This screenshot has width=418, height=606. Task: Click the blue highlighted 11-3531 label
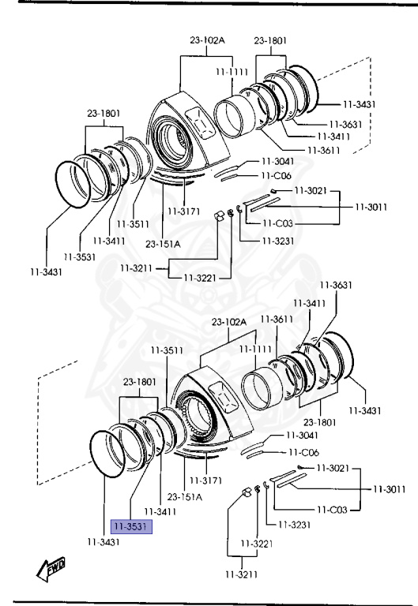(x=131, y=526)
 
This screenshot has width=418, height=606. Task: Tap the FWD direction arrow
(x=51, y=569)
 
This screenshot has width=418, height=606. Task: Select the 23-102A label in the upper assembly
(x=207, y=40)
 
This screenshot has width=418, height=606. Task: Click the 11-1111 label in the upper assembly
(x=232, y=72)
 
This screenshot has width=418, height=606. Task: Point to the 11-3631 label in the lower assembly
(x=336, y=285)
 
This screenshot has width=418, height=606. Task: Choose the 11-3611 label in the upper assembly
(x=323, y=151)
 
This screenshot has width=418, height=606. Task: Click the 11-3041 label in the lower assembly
(x=302, y=436)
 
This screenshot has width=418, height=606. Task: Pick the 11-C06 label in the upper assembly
(x=277, y=176)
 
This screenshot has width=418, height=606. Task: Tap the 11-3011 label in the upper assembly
(x=371, y=208)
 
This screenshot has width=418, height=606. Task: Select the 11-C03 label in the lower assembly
(x=332, y=510)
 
